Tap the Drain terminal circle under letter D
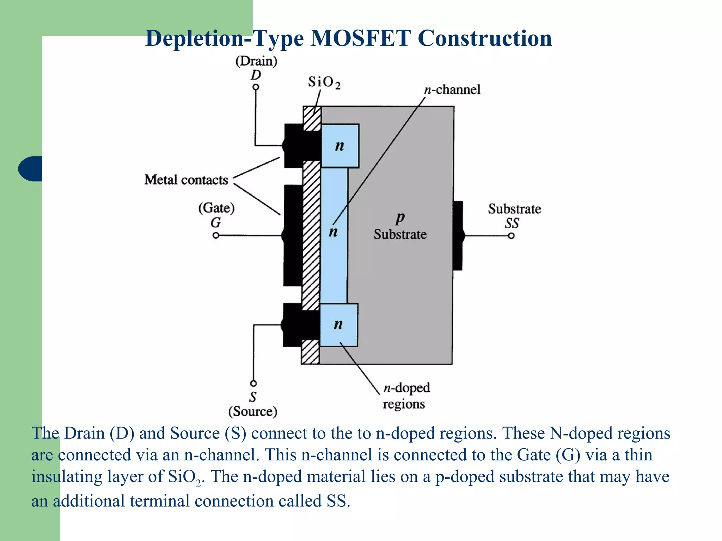(x=256, y=87)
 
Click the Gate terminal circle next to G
(x=216, y=235)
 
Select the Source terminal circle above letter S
(x=253, y=383)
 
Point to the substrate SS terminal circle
(x=511, y=236)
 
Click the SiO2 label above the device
(x=324, y=82)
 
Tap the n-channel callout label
(x=452, y=89)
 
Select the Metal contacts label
(x=186, y=180)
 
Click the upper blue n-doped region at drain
(x=340, y=145)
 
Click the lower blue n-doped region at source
(x=338, y=325)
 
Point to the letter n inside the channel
(x=333, y=232)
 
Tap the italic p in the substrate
(x=400, y=218)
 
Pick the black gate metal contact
(x=293, y=235)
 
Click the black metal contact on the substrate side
(x=458, y=235)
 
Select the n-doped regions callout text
(x=406, y=396)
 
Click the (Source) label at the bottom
(x=253, y=411)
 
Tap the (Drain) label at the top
(x=256, y=61)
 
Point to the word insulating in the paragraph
(x=67, y=477)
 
